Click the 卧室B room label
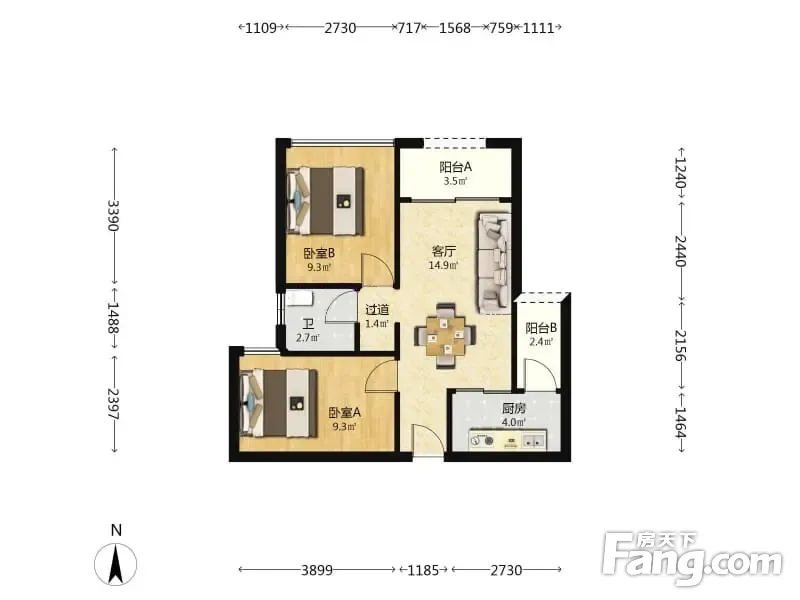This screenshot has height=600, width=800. [x=319, y=253]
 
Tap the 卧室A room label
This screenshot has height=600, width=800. [x=344, y=412]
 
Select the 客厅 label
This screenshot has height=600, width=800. [x=443, y=251]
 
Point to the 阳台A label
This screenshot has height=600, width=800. [x=456, y=167]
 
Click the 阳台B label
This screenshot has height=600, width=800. [x=541, y=328]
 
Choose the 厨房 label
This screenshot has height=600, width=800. [x=514, y=408]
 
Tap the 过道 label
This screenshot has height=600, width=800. [x=378, y=310]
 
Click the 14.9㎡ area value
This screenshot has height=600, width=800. [x=443, y=265]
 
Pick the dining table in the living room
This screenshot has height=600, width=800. [x=445, y=336]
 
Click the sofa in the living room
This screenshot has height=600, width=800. [x=494, y=263]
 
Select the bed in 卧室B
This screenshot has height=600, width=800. [x=325, y=201]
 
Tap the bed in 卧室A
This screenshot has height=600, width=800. [x=279, y=404]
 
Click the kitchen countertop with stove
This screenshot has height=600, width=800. [x=507, y=440]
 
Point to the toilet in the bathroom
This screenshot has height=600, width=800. [x=297, y=297]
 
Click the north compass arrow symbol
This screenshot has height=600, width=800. [x=116, y=564]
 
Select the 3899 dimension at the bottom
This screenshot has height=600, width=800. [x=317, y=570]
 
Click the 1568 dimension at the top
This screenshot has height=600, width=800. [x=455, y=28]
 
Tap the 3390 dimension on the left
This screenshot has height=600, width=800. [x=113, y=215]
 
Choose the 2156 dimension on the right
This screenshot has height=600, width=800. [x=681, y=345]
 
